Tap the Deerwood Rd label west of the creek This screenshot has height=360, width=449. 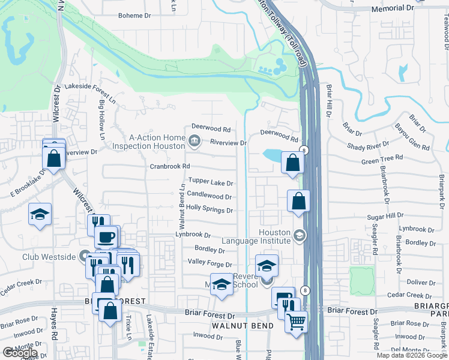click(211, 128)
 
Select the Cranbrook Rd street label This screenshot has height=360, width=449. click(170, 166)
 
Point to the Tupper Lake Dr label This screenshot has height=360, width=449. click(210, 182)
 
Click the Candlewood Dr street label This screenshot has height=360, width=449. click(209, 196)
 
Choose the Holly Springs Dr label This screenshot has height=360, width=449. click(209, 210)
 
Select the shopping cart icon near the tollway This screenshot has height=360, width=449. click(296, 322)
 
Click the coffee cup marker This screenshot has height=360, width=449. click(106, 236)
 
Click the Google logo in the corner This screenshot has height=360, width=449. click(20, 353)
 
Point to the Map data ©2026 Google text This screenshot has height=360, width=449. click(412, 355)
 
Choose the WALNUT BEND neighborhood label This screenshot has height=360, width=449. click(242, 326)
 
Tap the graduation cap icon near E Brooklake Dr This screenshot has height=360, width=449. click(40, 214)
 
